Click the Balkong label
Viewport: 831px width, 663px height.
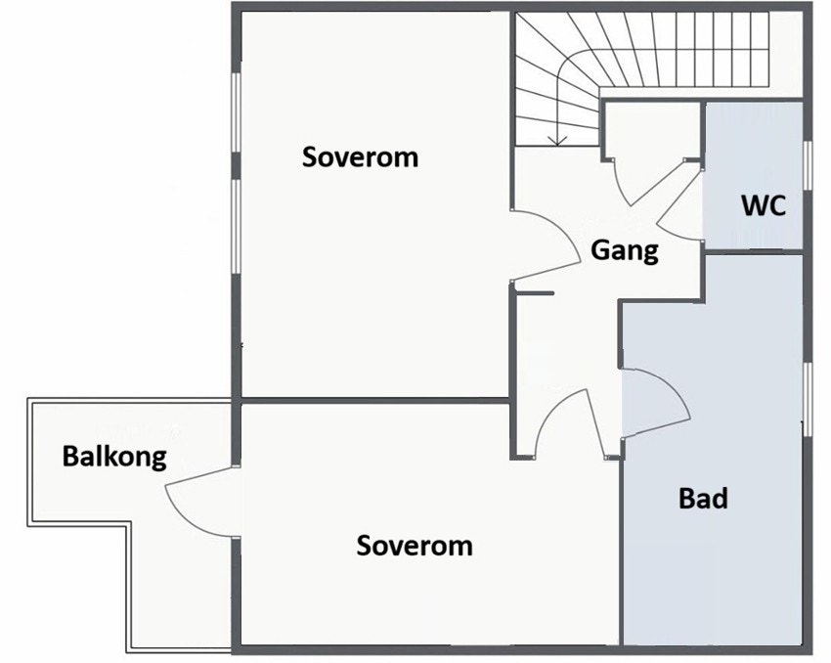[114, 457]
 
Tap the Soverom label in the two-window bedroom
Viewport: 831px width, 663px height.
[360, 157]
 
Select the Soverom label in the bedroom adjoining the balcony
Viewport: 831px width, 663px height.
[415, 546]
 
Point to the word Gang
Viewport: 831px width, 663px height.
[625, 250]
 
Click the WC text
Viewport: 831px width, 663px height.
[764, 205]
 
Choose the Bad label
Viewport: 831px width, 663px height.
[703, 499]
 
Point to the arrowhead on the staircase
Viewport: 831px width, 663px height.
[556, 141]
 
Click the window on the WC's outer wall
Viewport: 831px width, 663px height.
[808, 165]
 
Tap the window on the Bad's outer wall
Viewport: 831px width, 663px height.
[808, 399]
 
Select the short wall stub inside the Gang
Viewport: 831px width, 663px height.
[534, 293]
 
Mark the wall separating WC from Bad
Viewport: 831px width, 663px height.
[755, 251]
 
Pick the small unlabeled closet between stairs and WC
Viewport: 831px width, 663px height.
[653, 130]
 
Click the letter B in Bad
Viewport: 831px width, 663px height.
[686, 499]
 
